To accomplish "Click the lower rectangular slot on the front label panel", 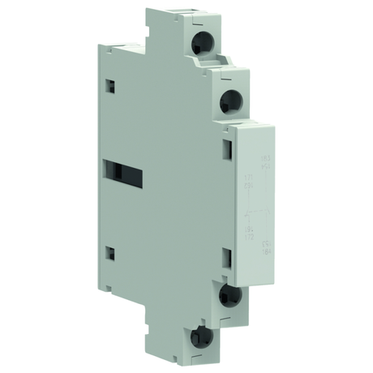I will (x=228, y=258).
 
